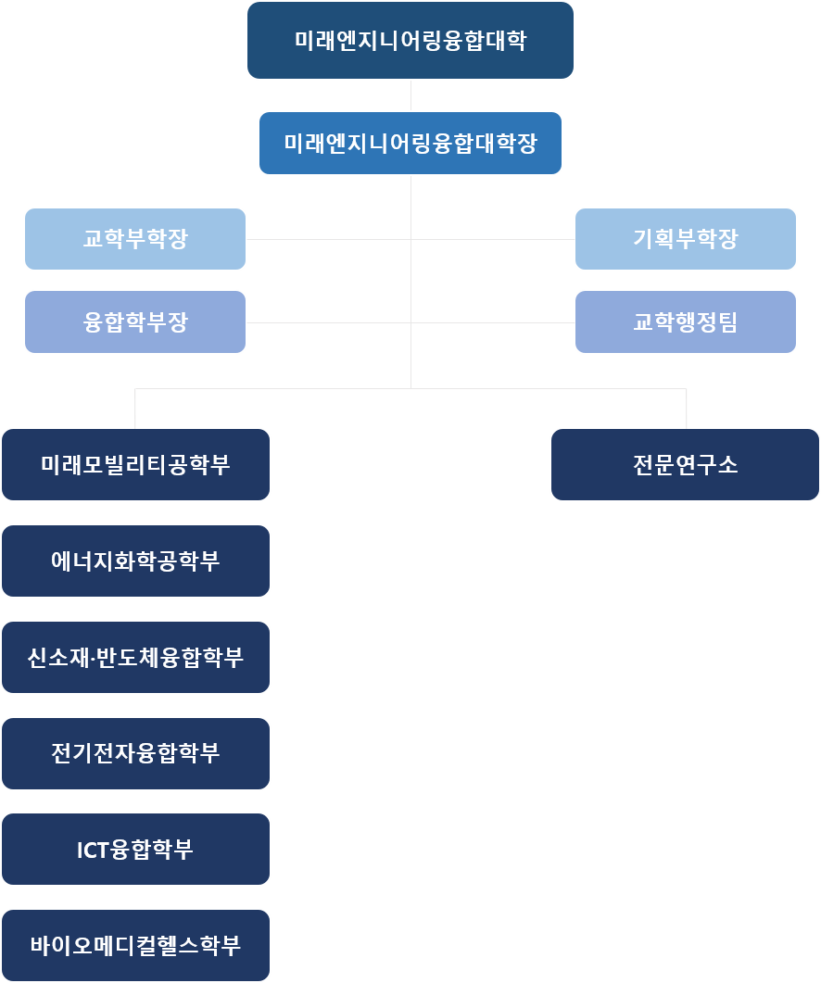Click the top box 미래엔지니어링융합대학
click(x=410, y=41)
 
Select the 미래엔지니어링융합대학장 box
click(x=410, y=143)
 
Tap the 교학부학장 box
click(x=135, y=239)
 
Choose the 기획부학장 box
click(x=685, y=239)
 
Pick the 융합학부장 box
click(x=135, y=321)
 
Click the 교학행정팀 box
click(x=685, y=321)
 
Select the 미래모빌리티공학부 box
click(x=135, y=464)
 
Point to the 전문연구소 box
click(x=685, y=464)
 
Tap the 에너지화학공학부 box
click(x=135, y=561)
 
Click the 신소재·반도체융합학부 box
click(x=135, y=657)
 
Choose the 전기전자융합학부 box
click(x=135, y=753)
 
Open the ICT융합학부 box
click(x=135, y=849)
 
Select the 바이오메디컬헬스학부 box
click(x=135, y=945)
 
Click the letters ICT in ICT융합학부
click(x=94, y=850)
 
